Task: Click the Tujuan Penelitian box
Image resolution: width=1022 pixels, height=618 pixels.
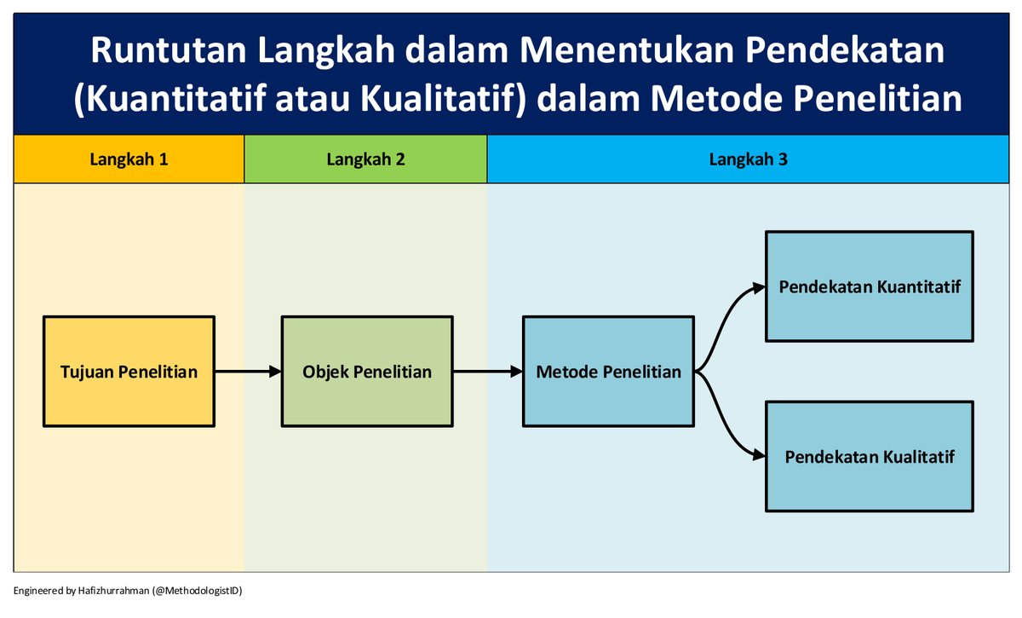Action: point(129,372)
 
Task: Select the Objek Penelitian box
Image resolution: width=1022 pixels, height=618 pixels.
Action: point(367,372)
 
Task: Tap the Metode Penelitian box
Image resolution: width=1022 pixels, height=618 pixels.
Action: point(609,372)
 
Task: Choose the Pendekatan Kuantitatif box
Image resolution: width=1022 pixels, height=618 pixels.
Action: point(870,286)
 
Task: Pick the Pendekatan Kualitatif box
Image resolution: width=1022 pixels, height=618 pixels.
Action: point(870,457)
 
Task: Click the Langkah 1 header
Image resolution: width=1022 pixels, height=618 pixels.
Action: point(129,159)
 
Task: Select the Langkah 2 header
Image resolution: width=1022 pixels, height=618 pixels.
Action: point(365,159)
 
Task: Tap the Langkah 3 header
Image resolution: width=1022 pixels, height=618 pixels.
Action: point(748,159)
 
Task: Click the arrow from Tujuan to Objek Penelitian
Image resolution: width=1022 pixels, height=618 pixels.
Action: point(248,372)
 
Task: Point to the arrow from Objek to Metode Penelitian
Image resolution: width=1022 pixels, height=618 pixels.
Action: point(488,372)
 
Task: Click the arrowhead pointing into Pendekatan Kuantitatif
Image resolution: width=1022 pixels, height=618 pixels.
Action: point(758,288)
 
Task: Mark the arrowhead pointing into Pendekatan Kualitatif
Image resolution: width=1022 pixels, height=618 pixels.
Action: point(758,456)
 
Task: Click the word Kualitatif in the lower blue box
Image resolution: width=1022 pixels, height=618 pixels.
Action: point(915,457)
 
